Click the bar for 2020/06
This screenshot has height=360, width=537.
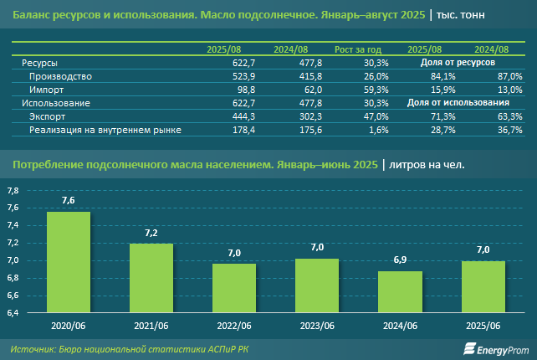(69, 263)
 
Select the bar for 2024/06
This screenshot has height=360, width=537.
(400, 292)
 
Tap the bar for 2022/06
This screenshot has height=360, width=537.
(234, 288)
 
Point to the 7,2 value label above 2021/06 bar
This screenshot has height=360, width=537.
(151, 232)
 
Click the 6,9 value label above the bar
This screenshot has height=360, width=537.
(400, 260)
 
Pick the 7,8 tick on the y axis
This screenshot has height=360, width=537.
(13, 191)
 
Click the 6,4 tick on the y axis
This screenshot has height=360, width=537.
(13, 313)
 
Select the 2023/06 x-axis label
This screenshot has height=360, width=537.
(317, 325)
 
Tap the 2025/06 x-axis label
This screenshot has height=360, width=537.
(483, 325)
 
